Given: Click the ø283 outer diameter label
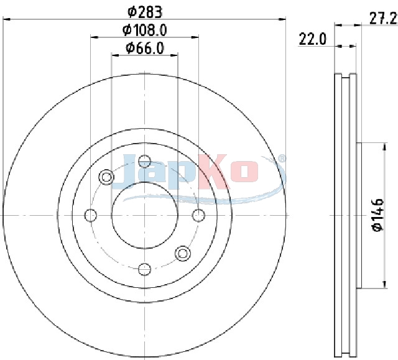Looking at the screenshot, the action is [x=145, y=12].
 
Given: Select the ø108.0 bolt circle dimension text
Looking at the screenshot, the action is [x=145, y=30].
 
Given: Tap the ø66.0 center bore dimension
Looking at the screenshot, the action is [x=145, y=48].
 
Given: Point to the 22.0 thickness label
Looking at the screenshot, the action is [x=312, y=39].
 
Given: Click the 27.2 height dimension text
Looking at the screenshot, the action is [x=383, y=19].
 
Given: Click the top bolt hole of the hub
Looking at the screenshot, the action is [x=145, y=161].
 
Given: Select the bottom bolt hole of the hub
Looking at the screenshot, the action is [x=145, y=269].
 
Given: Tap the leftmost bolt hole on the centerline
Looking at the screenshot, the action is [x=91, y=215].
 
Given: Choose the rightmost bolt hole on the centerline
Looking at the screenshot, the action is [x=198, y=215].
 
